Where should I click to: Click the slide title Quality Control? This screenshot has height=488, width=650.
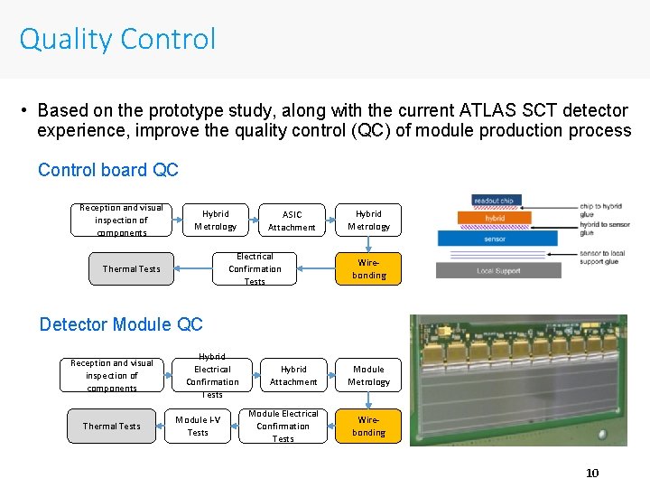[117, 39]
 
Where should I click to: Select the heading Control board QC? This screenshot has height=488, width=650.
[107, 170]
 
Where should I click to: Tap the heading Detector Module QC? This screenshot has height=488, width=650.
[121, 324]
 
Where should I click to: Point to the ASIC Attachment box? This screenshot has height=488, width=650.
[292, 221]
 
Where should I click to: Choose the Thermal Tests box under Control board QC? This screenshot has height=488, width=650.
[131, 268]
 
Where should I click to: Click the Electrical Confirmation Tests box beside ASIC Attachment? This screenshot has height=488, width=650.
[255, 268]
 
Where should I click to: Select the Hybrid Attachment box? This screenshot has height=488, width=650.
[293, 375]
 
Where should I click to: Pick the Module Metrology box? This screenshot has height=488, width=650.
[368, 375]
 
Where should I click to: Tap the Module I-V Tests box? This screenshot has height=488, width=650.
[198, 427]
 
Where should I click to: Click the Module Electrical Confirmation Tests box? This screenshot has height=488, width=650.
[283, 427]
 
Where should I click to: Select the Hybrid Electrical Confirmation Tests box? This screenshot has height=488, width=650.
[212, 375]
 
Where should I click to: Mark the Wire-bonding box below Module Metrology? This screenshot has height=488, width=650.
[368, 427]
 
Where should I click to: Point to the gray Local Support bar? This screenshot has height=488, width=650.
[498, 270]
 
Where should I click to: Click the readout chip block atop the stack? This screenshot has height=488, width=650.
[495, 201]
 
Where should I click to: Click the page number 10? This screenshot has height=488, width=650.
[592, 473]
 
